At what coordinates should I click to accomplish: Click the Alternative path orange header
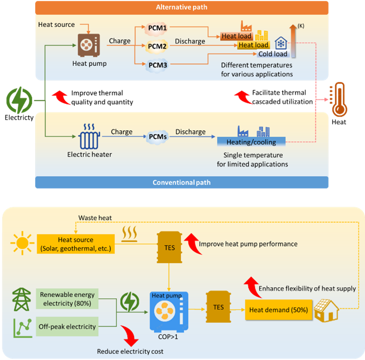tap(182, 7)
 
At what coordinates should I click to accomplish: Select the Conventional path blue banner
tap(182, 182)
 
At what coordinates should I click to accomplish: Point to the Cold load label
tap(273, 54)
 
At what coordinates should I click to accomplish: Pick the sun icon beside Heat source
tap(22, 243)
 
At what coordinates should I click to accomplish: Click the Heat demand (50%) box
tap(278, 310)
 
